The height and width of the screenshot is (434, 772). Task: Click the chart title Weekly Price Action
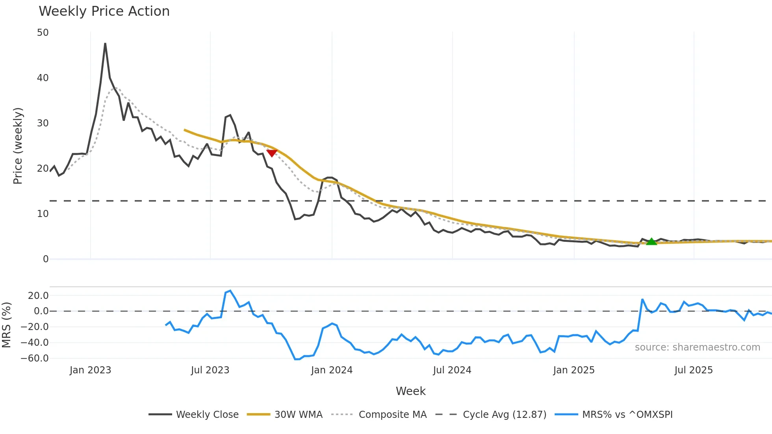coord(104,11)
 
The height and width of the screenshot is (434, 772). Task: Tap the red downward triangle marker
coord(272,153)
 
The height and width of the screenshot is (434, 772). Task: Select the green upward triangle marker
coord(651,241)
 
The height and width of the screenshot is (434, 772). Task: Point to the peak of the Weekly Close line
coord(105,44)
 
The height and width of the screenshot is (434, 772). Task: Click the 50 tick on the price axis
coord(43,33)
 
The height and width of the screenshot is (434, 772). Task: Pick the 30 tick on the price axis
coord(43,123)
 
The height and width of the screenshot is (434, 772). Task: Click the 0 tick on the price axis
coord(46,259)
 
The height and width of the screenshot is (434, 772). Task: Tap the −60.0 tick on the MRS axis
coord(35,358)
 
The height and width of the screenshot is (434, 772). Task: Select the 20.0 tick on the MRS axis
coord(38,296)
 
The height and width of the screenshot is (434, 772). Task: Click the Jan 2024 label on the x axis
coord(332,370)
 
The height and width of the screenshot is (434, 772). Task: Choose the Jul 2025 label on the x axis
coord(693,370)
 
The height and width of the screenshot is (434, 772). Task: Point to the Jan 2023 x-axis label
coord(90,370)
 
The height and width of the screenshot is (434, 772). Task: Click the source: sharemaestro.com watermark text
coord(697,347)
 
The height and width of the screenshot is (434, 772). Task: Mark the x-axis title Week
coord(410,391)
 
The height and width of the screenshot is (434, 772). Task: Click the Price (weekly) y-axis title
coord(18,146)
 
